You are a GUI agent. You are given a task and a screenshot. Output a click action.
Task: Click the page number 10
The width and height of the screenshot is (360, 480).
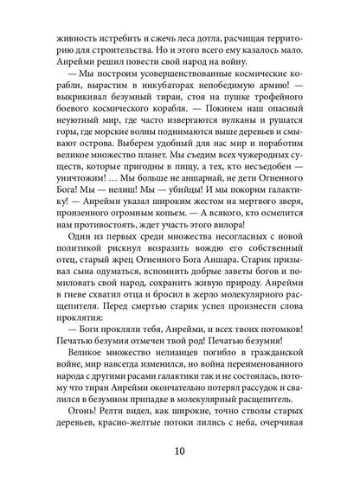coord(179,453)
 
